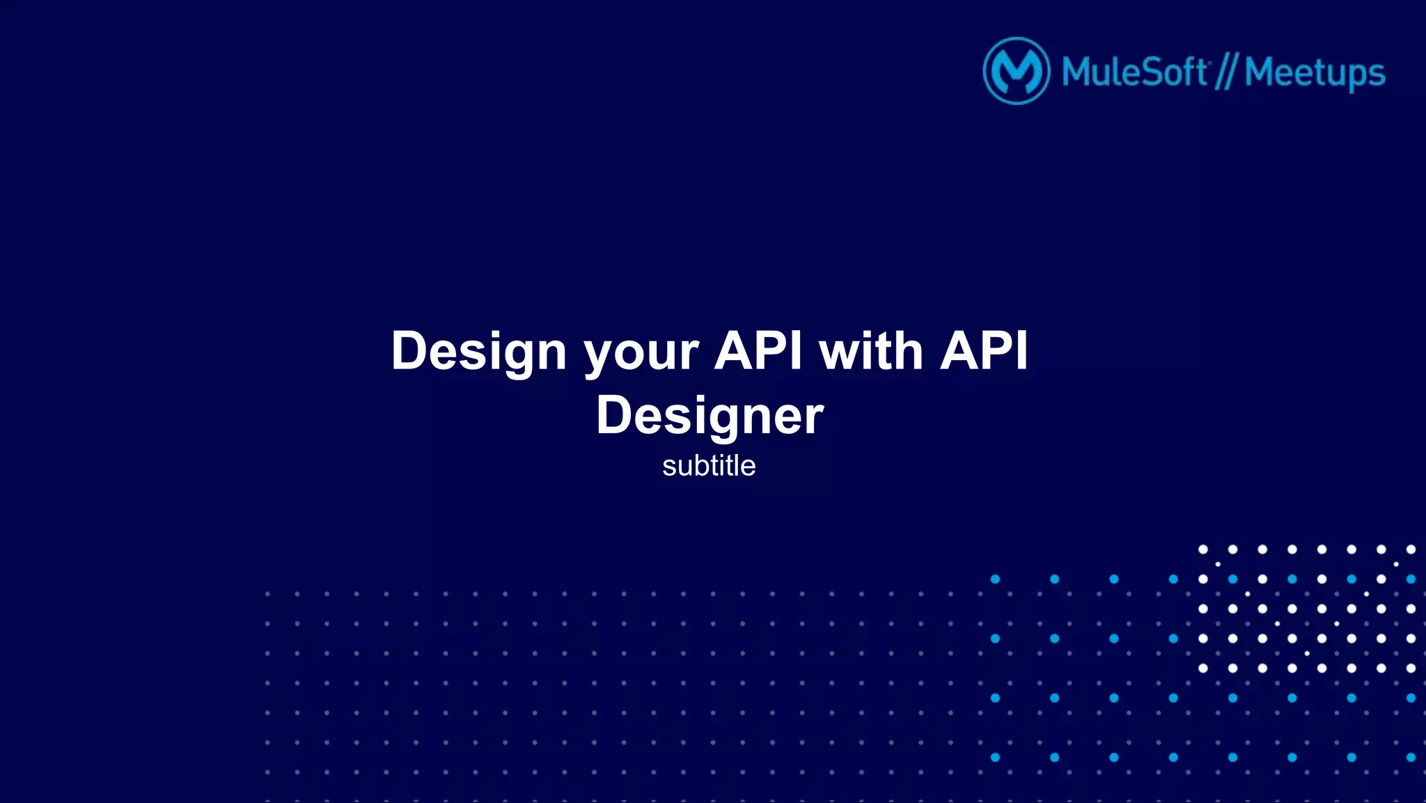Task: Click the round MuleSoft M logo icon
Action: pyautogui.click(x=1016, y=71)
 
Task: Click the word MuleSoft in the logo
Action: pyautogui.click(x=1134, y=72)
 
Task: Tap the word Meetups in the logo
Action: pyautogui.click(x=1315, y=72)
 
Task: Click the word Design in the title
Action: pyautogui.click(x=478, y=351)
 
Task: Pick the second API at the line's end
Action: pyautogui.click(x=984, y=350)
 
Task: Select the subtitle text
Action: pyautogui.click(x=709, y=466)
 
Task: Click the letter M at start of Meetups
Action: pyautogui.click(x=1261, y=72)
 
